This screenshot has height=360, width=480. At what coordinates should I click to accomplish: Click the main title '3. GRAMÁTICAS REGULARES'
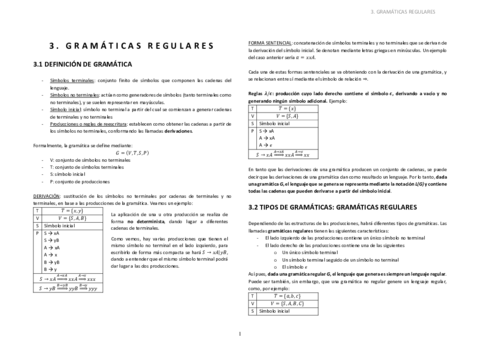pyautogui.click(x=128, y=46)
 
